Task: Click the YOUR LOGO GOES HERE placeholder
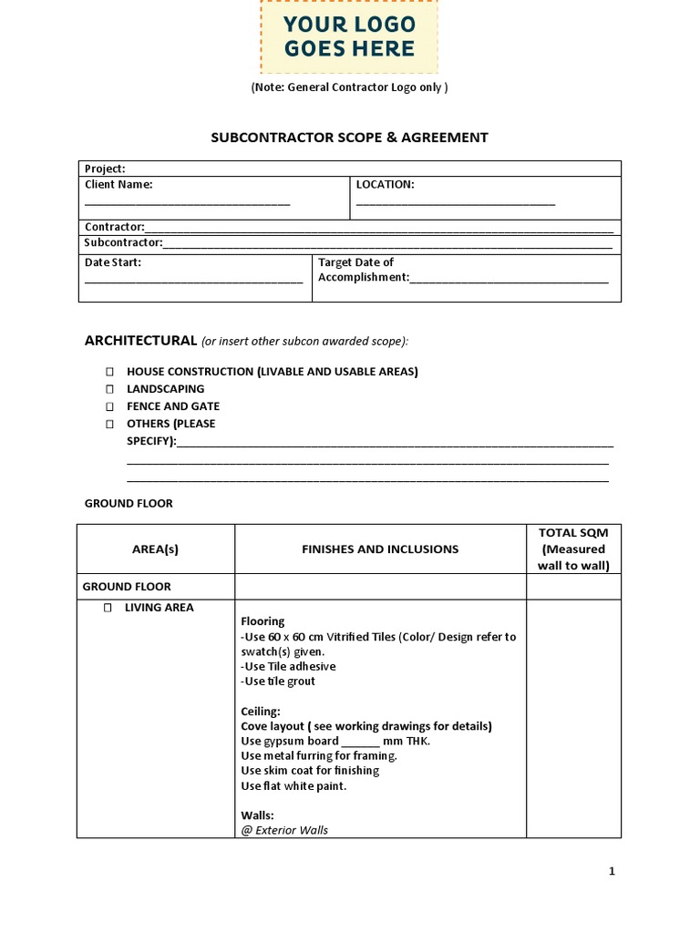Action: point(349,36)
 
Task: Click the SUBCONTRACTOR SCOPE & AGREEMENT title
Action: point(349,138)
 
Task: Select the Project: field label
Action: point(105,169)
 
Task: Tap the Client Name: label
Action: point(118,185)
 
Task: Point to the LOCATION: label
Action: point(385,185)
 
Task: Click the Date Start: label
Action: point(113,262)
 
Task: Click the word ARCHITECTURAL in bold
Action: point(140,341)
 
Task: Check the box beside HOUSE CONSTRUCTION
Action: point(109,373)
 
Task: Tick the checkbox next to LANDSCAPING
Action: point(109,390)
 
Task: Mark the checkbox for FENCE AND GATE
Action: point(109,407)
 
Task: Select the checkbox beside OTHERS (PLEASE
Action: point(109,425)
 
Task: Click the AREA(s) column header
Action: point(156,549)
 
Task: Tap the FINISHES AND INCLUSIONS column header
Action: point(380,549)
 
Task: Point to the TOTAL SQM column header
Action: point(573,549)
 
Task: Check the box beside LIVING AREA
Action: point(108,608)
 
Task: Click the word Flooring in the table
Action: point(262,622)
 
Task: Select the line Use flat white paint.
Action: point(293,786)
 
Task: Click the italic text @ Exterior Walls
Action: point(284,830)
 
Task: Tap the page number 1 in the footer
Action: point(612,872)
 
